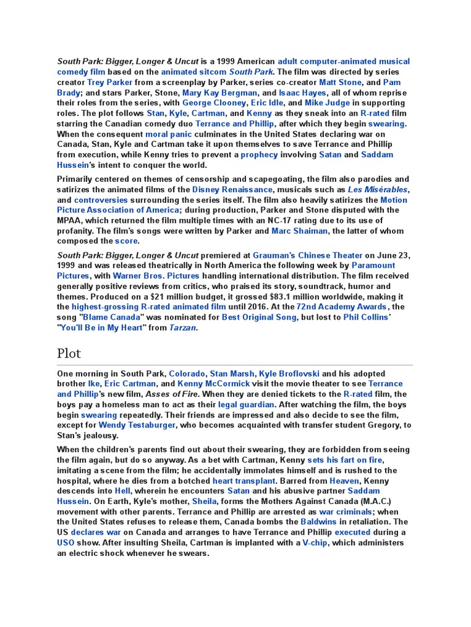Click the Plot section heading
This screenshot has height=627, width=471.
[x=69, y=353]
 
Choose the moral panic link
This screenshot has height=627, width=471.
[x=169, y=134]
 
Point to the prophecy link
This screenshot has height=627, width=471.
[x=259, y=155]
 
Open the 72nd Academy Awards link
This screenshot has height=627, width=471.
[x=342, y=307]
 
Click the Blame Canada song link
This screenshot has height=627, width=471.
[x=113, y=317]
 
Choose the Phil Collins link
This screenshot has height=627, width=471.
[x=366, y=317]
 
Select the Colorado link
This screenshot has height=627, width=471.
[x=186, y=374]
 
